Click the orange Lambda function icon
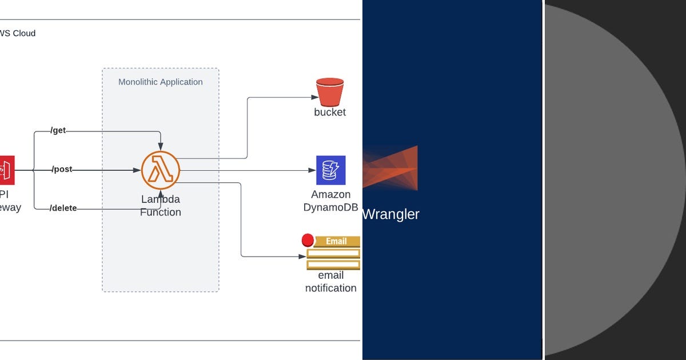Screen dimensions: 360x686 [x=161, y=170]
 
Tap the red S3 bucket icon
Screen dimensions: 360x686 [x=330, y=91]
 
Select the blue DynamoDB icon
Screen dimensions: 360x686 [x=331, y=170]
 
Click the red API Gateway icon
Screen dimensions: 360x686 [x=7, y=170]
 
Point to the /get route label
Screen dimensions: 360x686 [x=58, y=131]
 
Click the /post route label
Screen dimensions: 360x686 [x=62, y=170]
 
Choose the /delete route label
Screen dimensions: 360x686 [x=63, y=208]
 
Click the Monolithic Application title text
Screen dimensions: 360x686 [x=161, y=82]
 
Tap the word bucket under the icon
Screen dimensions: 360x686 [x=330, y=113]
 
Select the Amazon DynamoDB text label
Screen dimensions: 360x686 [x=331, y=201]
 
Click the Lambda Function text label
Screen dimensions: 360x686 [x=161, y=206]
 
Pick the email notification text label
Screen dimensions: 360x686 [x=331, y=282]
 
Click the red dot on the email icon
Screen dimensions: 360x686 [x=308, y=240]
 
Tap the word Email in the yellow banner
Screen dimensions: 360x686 [x=336, y=241]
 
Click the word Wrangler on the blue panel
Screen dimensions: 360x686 [x=392, y=214]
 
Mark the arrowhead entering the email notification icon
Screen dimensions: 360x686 [x=302, y=257]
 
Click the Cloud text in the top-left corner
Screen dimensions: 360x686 [x=24, y=33]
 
